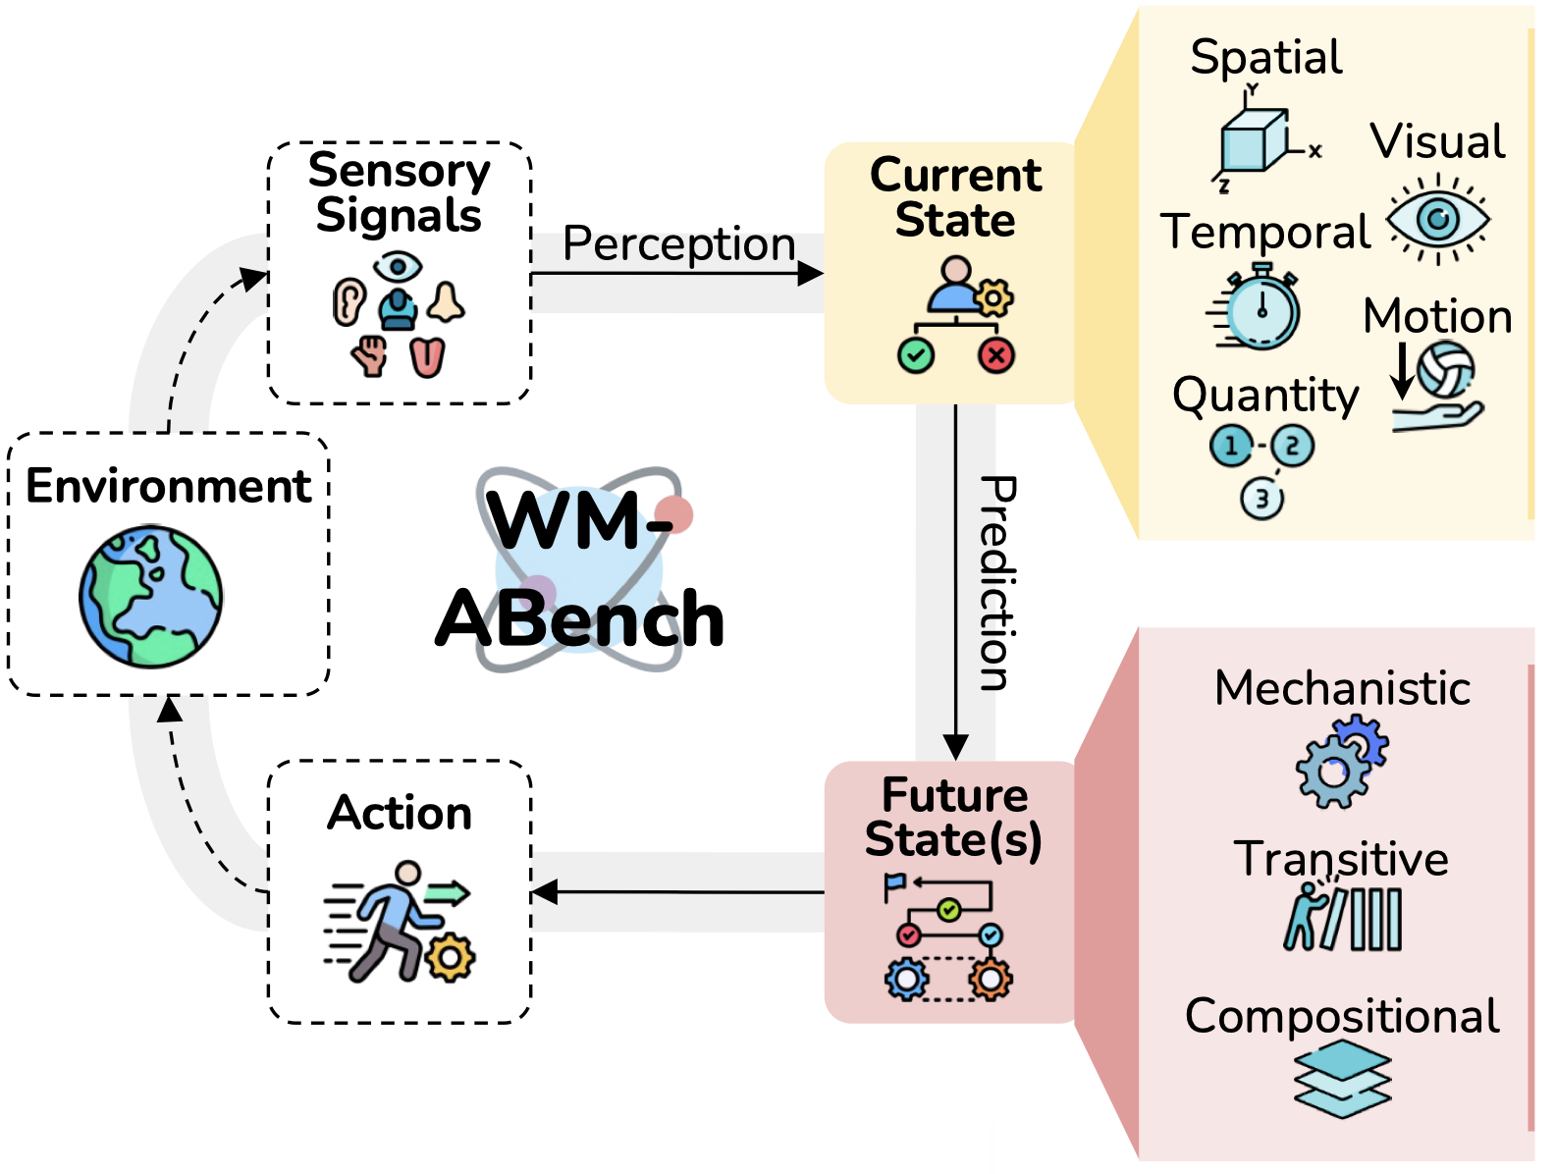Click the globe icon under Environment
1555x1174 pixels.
[x=151, y=597]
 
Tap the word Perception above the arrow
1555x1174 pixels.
[x=678, y=243]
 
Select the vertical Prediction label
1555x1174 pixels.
[x=998, y=583]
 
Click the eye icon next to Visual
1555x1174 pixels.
[x=1438, y=219]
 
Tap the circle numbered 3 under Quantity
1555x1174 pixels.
[x=1261, y=499]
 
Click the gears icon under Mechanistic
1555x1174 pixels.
[x=1341, y=762]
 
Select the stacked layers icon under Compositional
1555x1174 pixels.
[x=1342, y=1080]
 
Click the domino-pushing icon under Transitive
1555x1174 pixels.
[x=1342, y=917]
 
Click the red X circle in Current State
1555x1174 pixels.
[x=996, y=355]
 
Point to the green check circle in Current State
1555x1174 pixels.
[x=915, y=355]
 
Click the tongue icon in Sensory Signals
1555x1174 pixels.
[x=427, y=357]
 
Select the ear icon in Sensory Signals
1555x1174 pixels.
[x=348, y=302]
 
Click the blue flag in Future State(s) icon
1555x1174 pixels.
[x=894, y=883]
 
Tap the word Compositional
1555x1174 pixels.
[x=1342, y=1016]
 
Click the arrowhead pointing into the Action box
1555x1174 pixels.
[x=544, y=891]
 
